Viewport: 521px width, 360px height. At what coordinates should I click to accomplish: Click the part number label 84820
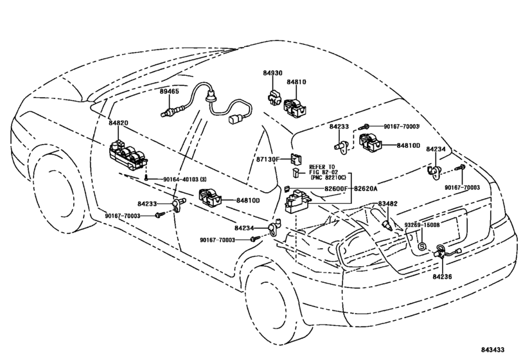[x=118, y=123]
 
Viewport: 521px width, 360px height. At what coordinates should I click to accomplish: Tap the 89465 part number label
[x=169, y=91]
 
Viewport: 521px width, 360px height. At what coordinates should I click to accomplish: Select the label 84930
[x=273, y=73]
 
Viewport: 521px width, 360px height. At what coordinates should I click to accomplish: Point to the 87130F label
[x=268, y=159]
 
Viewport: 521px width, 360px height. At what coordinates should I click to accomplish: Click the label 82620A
[x=366, y=188]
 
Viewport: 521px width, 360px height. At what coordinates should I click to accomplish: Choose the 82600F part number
[x=335, y=188]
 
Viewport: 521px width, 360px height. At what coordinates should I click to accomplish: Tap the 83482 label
[x=387, y=204]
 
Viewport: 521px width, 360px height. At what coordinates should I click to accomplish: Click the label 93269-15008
[x=422, y=225]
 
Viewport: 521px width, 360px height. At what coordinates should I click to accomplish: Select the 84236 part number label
[x=442, y=276]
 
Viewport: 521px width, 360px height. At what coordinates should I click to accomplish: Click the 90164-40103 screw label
[x=185, y=179]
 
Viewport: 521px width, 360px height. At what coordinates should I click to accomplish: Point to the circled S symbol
[x=421, y=247]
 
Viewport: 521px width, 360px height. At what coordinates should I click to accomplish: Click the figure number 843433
[x=493, y=350]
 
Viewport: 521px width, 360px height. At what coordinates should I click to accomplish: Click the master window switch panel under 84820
[x=128, y=156]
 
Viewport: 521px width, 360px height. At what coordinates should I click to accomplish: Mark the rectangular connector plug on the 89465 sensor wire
[x=235, y=119]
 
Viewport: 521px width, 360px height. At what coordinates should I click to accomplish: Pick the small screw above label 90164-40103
[x=146, y=177]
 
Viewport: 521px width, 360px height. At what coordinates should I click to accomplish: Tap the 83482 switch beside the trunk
[x=387, y=225]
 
